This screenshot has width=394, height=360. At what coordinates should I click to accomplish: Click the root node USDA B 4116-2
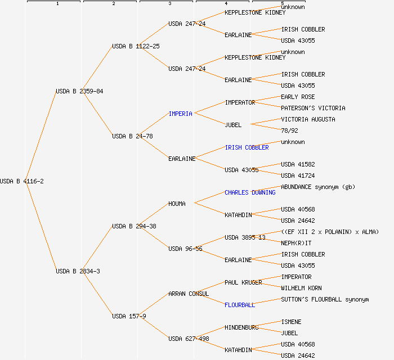click(x=22, y=181)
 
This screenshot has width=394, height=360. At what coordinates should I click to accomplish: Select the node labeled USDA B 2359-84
click(x=79, y=91)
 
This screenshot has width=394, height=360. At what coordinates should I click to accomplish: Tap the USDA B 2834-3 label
click(x=78, y=271)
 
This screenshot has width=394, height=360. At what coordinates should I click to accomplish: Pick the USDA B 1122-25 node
click(x=136, y=46)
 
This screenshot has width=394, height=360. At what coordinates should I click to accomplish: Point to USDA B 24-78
click(x=132, y=136)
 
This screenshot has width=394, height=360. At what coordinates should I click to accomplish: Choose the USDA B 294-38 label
click(x=134, y=226)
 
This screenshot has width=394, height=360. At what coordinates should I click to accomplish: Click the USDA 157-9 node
click(x=129, y=316)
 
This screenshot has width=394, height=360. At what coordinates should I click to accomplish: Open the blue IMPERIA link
click(x=180, y=114)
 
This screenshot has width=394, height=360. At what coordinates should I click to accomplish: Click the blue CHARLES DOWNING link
click(x=250, y=192)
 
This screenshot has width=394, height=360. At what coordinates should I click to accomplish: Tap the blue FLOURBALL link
click(x=240, y=305)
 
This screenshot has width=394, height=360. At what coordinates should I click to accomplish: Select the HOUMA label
click(x=177, y=204)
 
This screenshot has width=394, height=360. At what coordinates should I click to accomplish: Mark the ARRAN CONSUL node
click(x=189, y=294)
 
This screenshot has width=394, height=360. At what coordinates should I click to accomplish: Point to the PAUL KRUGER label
click(x=243, y=282)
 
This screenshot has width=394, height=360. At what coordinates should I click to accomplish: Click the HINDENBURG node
click(x=241, y=327)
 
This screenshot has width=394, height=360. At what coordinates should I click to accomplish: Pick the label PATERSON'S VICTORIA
click(x=313, y=108)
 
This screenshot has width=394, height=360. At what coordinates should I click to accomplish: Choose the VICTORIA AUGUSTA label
click(x=308, y=119)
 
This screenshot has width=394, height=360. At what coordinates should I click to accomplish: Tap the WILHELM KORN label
click(x=301, y=288)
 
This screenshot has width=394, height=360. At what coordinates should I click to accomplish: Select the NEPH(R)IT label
click(x=296, y=243)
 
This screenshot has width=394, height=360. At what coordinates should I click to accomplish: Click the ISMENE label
click(x=291, y=322)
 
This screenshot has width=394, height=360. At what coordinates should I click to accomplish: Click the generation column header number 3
click(x=169, y=4)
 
